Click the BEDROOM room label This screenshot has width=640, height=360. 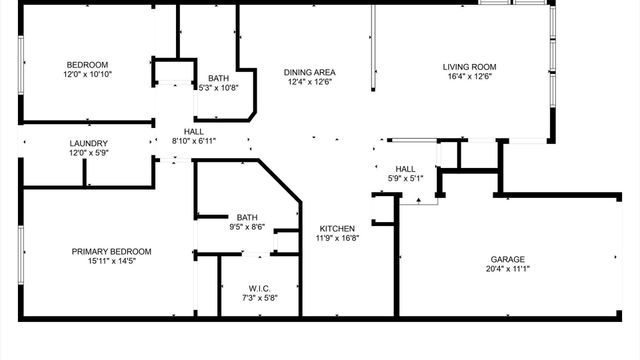(88, 65)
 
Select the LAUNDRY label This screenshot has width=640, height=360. (88, 143)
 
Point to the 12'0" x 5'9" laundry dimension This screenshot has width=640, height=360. (88, 153)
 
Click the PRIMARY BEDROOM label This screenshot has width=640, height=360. (111, 251)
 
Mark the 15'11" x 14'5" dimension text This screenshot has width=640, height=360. (111, 261)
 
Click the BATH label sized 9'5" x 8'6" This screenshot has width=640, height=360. (247, 217)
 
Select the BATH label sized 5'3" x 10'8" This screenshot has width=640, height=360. (218, 78)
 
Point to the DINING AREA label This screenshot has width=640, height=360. (309, 72)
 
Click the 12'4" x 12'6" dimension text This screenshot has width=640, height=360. (309, 82)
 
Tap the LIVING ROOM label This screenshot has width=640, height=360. (469, 68)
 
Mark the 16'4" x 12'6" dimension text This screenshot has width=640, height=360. (469, 78)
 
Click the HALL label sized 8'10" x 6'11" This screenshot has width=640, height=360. (194, 131)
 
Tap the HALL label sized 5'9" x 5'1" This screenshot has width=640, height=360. (405, 169)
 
